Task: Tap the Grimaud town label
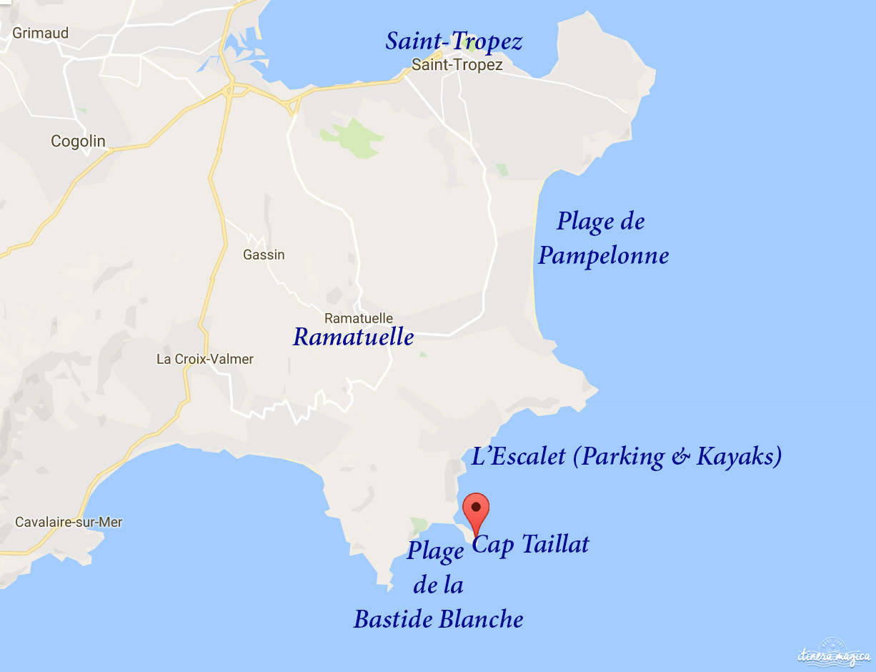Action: pyautogui.click(x=41, y=33)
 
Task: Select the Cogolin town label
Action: pyautogui.click(x=78, y=142)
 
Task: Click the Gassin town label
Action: pyautogui.click(x=264, y=255)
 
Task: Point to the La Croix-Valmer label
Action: pyautogui.click(x=205, y=359)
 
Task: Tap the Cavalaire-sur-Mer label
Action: pyautogui.click(x=69, y=522)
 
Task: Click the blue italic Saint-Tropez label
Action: pyautogui.click(x=454, y=41)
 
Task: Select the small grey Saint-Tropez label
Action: pyautogui.click(x=457, y=65)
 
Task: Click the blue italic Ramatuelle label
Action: pyautogui.click(x=353, y=337)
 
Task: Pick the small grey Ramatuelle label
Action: pyautogui.click(x=358, y=318)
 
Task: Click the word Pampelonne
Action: pyautogui.click(x=603, y=256)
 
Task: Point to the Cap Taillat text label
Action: pyautogui.click(x=531, y=544)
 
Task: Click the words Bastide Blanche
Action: pyautogui.click(x=438, y=618)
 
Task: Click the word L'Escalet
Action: pyautogui.click(x=519, y=456)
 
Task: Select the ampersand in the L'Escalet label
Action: pyautogui.click(x=681, y=457)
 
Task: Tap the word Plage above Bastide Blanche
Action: pyautogui.click(x=435, y=552)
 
